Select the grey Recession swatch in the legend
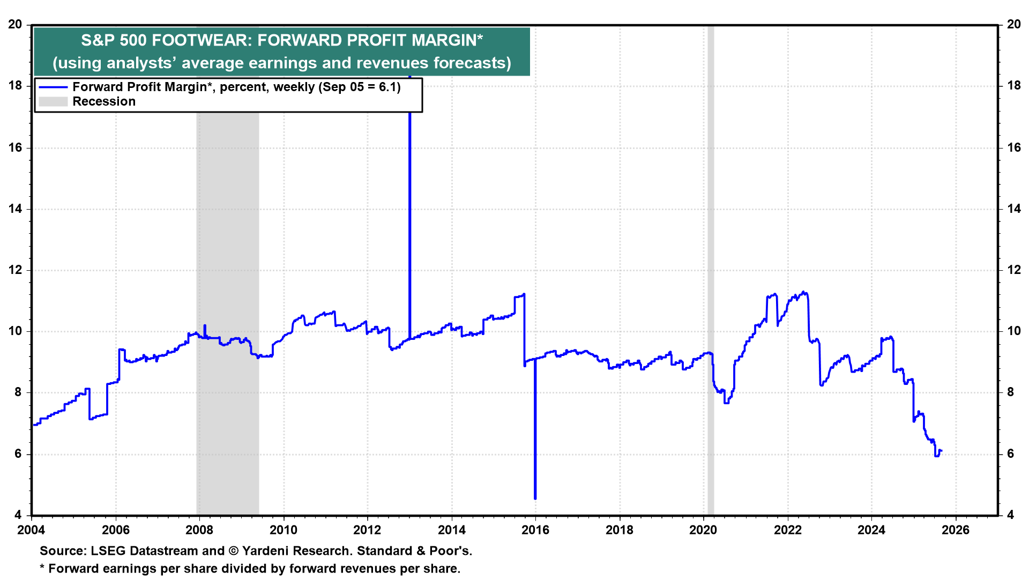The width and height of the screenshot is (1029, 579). click(53, 102)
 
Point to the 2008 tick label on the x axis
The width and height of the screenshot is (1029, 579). click(199, 530)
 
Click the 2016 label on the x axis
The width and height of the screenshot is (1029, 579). click(535, 530)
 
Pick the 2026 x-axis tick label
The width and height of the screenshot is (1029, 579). click(956, 530)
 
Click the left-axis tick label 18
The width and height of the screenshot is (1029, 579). click(16, 86)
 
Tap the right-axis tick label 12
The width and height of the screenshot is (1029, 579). click(1014, 270)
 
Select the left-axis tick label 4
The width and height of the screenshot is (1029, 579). click(19, 515)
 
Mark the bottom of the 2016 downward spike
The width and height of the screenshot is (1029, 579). click(535, 498)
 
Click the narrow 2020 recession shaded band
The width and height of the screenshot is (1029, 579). click(711, 268)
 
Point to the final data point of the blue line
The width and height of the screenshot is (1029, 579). click(941, 451)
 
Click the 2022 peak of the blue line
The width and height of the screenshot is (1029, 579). click(803, 292)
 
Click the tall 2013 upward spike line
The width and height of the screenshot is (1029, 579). click(410, 214)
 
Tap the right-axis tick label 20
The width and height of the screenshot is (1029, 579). click(1014, 25)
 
